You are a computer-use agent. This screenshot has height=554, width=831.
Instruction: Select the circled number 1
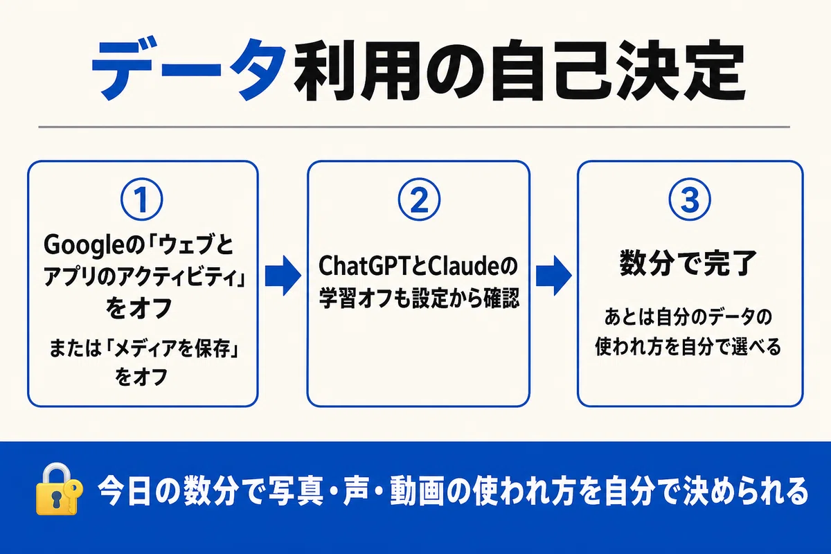pos(141,199)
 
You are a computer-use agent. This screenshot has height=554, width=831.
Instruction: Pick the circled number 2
pos(419,199)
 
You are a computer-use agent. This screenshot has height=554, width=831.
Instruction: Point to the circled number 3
pos(690,199)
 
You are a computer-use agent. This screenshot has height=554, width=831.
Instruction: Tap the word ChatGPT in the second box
pos(368,266)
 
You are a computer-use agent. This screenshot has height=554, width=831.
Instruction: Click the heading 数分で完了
pos(688,264)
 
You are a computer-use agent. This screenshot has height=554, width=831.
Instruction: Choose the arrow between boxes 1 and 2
pos(283,276)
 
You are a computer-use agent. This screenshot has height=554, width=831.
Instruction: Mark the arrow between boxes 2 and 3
pos(553,276)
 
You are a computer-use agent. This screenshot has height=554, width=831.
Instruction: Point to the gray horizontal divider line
pos(414,127)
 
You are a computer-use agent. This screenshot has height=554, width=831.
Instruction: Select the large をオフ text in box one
pos(139,308)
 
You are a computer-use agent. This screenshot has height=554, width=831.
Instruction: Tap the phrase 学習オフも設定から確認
pos(419,298)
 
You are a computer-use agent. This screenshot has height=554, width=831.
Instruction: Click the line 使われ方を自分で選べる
pos(688,348)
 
